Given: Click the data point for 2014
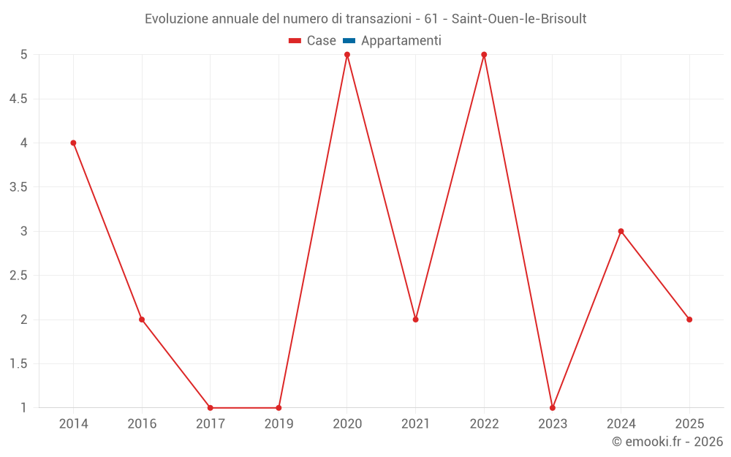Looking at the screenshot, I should tap(73, 143).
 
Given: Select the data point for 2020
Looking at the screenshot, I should tap(347, 55).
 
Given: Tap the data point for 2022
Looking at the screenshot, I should tap(484, 55).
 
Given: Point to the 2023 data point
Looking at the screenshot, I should tap(553, 407).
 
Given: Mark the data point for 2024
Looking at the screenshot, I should tap(621, 231).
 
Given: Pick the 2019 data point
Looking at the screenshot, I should tap(279, 407).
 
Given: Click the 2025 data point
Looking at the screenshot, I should tap(689, 320).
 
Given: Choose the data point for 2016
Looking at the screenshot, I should tap(142, 320).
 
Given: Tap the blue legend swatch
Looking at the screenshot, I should tap(349, 41).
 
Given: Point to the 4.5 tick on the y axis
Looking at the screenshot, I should tap(18, 99).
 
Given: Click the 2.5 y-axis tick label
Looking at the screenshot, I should tap(18, 276).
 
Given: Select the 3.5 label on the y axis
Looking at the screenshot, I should tap(18, 187).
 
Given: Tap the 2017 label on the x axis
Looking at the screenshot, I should tap(211, 424).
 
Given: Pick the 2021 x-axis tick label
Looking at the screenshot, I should tap(415, 424).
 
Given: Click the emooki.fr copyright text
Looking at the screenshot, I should tap(667, 442).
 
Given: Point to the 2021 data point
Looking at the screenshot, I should tap(415, 320).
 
